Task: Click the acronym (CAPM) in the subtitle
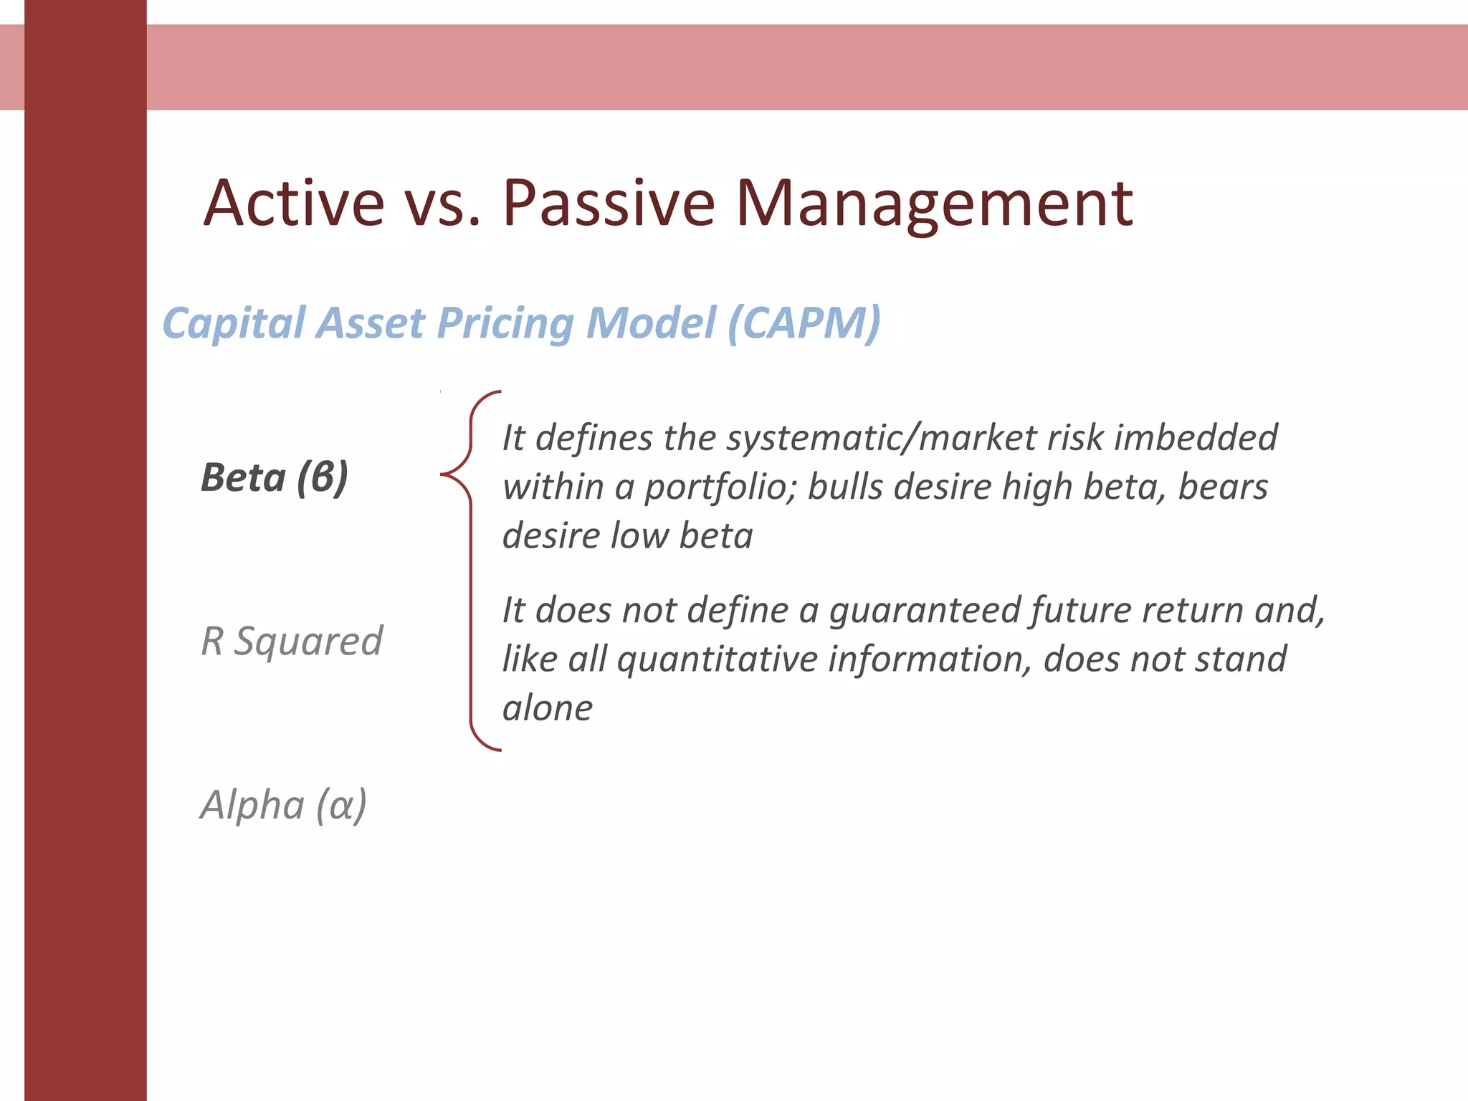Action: [x=804, y=323]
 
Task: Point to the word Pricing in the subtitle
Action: [x=505, y=324]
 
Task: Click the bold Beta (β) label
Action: [x=275, y=477]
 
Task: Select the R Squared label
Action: [x=292, y=641]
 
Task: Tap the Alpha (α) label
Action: [x=284, y=804]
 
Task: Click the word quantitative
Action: [x=717, y=659]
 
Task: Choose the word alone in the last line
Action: [x=548, y=708]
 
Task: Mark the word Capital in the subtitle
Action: [x=234, y=324]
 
